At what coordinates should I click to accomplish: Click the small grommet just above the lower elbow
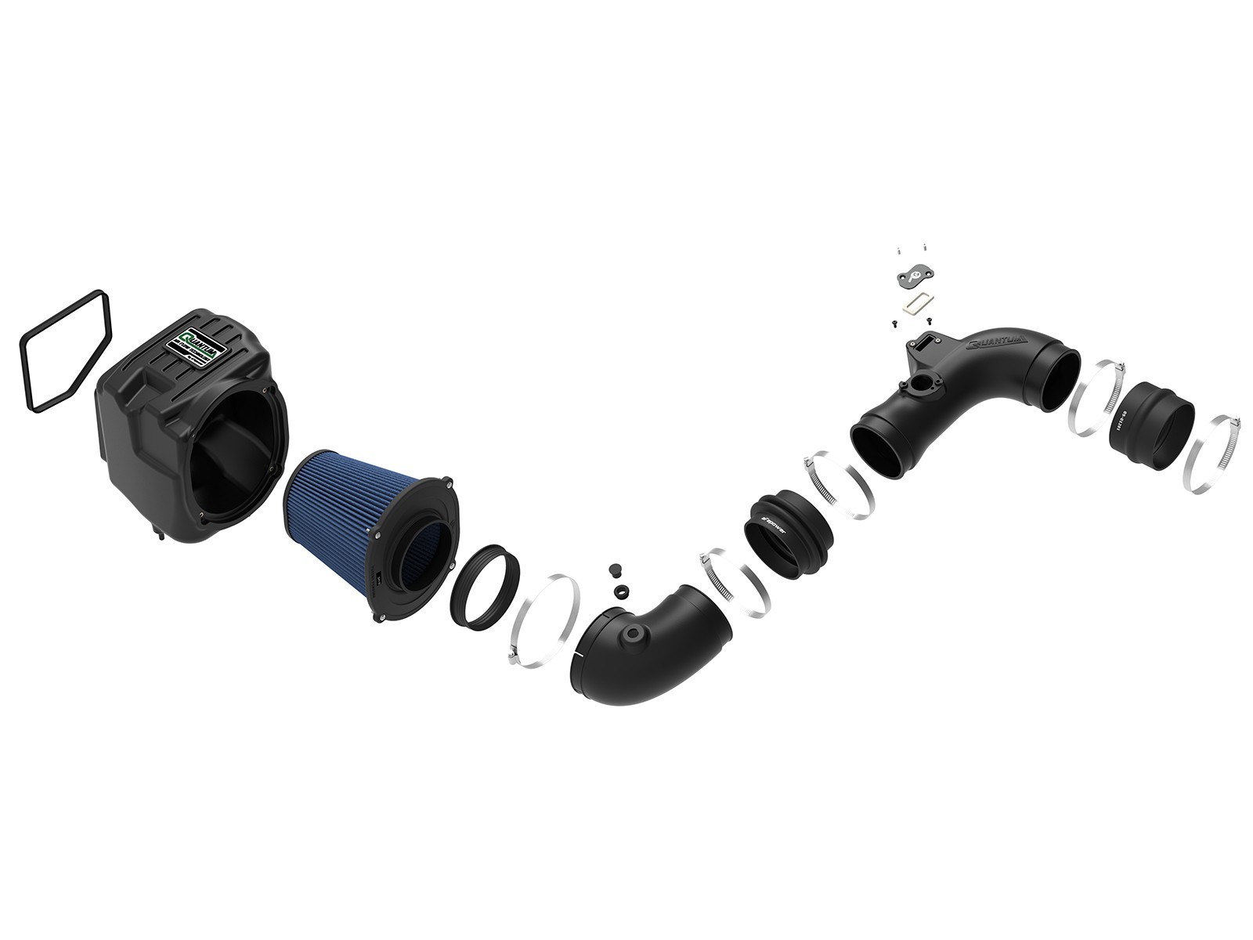click(620, 590)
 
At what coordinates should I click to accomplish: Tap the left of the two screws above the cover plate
click(899, 251)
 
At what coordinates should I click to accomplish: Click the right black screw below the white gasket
click(929, 320)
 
